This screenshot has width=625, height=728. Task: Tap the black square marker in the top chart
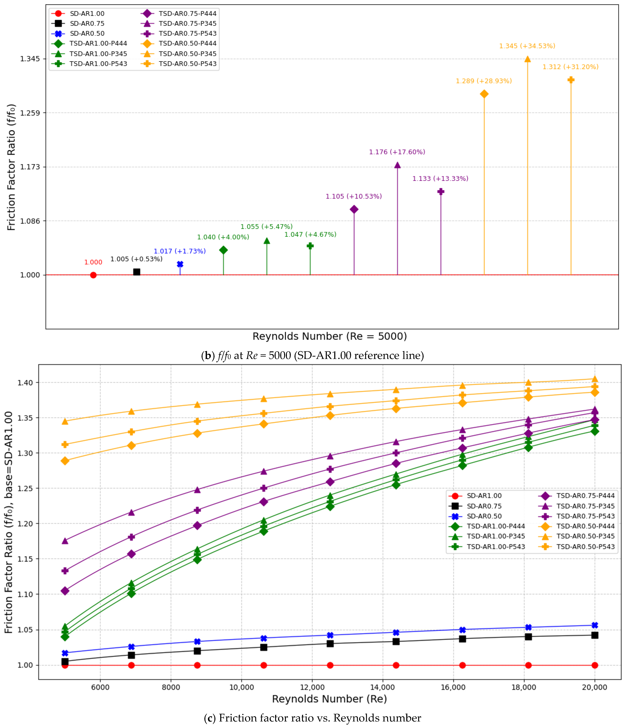(137, 272)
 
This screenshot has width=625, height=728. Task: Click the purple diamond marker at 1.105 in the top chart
(354, 209)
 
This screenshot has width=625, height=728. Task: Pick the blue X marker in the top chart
(180, 264)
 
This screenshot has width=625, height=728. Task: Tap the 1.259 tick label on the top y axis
(30, 113)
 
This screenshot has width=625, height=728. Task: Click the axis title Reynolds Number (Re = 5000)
(330, 336)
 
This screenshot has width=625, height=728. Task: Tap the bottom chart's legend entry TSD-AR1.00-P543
(487, 546)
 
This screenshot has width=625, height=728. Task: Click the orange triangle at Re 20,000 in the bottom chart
(594, 379)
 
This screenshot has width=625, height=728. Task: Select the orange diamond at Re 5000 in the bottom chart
(65, 461)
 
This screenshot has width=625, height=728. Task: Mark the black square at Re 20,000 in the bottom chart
(594, 635)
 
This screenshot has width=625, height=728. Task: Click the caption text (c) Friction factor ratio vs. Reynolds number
(312, 718)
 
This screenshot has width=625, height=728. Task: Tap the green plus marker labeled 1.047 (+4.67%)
(310, 246)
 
